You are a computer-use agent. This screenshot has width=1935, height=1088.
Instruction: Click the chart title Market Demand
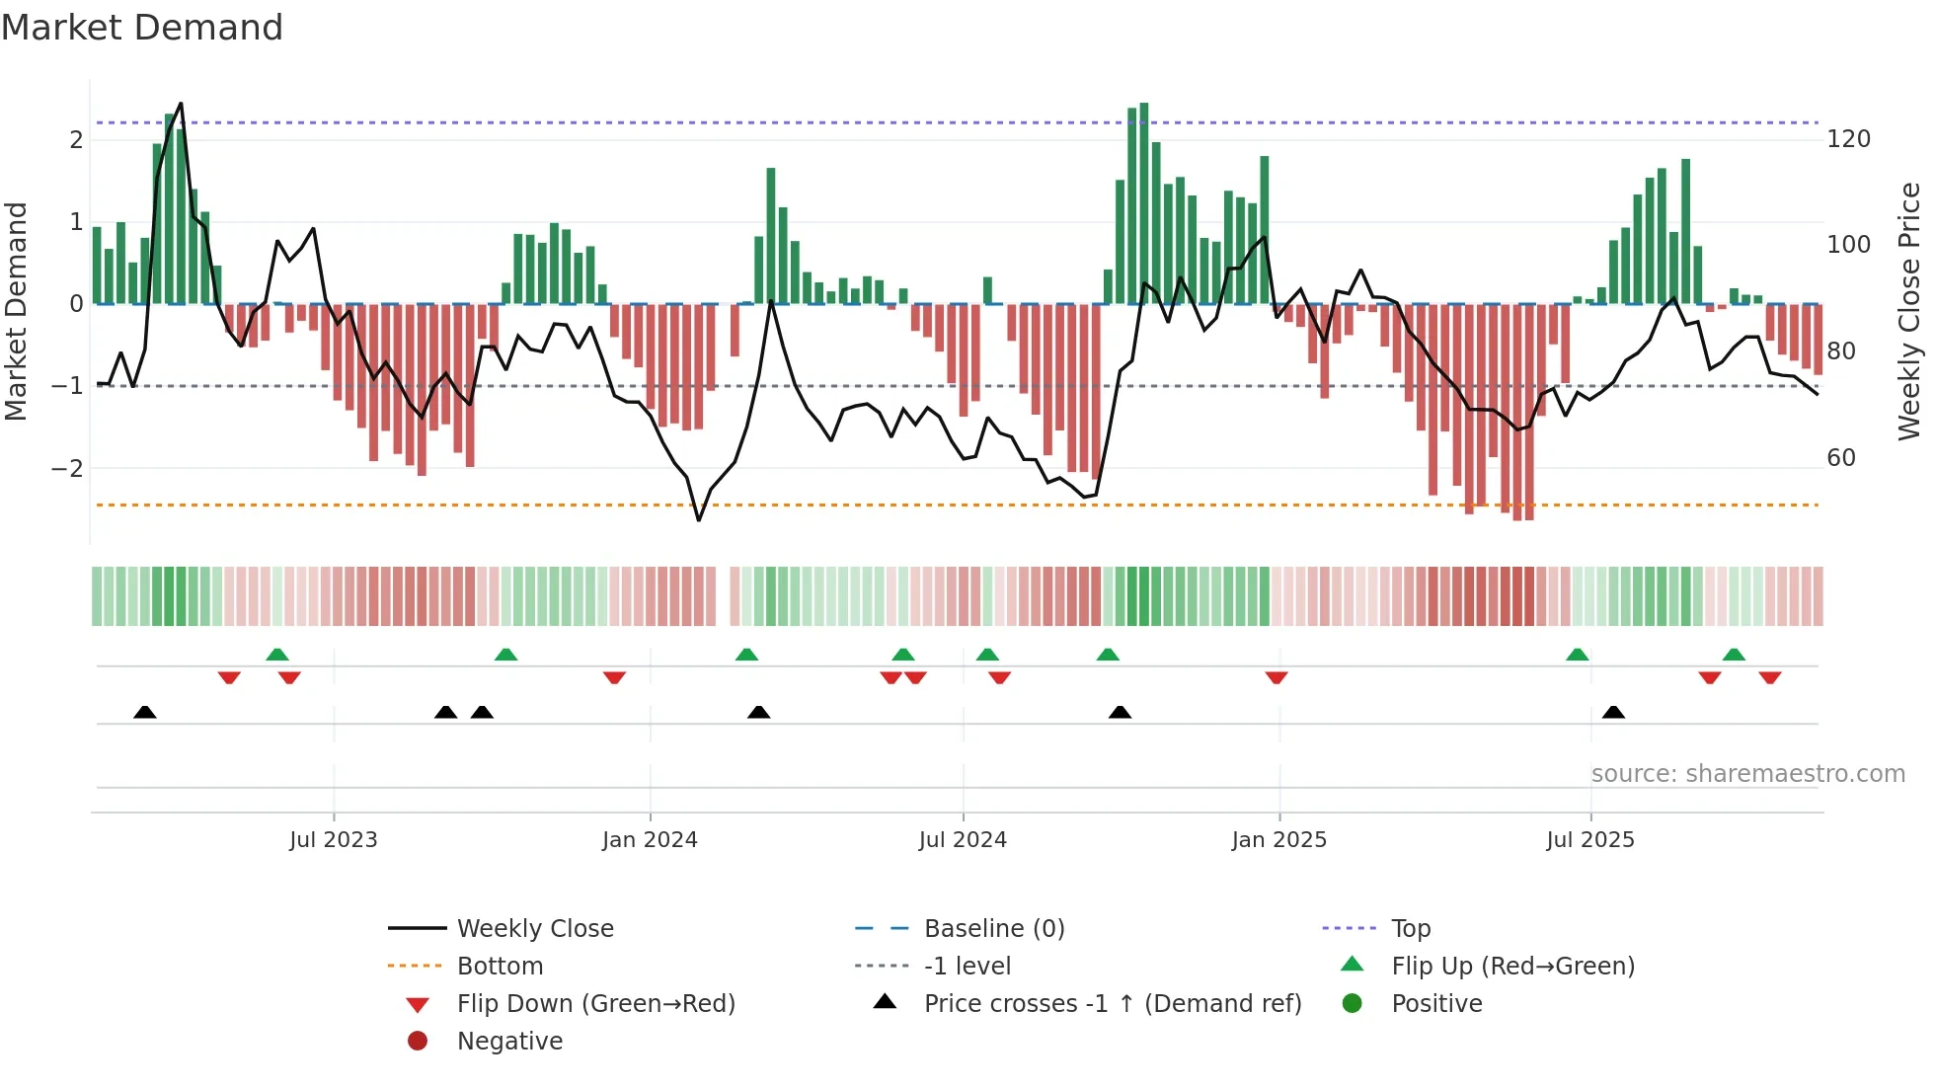coord(142,28)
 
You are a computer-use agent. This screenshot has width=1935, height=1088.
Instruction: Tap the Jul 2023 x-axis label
coord(333,840)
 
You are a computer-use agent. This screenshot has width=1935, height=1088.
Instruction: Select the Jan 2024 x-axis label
coord(650,840)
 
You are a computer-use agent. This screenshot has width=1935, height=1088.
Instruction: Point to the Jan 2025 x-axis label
coord(1278,840)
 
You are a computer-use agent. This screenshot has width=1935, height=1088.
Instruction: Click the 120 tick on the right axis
coord(1848,139)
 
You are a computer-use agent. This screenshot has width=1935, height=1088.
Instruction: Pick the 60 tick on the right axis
coord(1841,458)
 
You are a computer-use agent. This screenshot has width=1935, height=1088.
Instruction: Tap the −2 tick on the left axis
coord(67,469)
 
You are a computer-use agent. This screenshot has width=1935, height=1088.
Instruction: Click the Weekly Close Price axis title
coord(1909,311)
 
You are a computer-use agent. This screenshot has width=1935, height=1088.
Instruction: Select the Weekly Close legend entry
coord(534,929)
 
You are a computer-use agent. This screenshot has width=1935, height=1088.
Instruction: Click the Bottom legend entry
coord(500,967)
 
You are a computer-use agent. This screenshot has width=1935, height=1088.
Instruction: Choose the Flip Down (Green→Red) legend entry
coord(595,1004)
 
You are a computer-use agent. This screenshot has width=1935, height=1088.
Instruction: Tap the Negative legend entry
coord(509,1042)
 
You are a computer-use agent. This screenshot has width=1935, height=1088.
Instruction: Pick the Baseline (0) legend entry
coord(993,929)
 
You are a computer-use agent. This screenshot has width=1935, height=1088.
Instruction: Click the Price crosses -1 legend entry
coord(1112,1004)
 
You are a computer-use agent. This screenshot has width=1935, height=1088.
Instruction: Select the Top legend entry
coord(1410,929)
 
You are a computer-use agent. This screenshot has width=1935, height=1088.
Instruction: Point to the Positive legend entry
coord(1435,1004)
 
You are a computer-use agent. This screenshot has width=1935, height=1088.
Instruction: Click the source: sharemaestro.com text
coord(1747,774)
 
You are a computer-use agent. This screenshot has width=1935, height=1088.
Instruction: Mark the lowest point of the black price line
coord(699,520)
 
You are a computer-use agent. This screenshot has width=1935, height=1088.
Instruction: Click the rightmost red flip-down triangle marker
coord(1769,677)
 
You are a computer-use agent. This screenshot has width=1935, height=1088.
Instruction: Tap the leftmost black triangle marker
coord(145,712)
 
